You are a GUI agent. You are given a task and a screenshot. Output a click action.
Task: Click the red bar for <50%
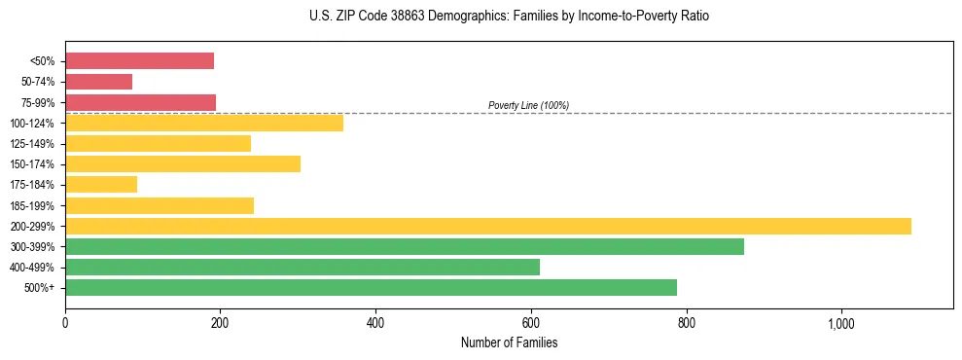pos(139,61)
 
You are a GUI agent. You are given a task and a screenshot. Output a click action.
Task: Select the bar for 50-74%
pos(98,82)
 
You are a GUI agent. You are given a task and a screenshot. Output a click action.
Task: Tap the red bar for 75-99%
pos(140,102)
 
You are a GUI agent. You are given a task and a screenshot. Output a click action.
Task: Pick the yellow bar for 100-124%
pos(204,123)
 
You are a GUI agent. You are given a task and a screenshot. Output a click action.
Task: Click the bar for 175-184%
pos(101,184)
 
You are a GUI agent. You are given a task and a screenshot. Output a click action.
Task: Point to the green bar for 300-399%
pos(405,246)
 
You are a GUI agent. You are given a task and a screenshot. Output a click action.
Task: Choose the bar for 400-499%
pos(303,267)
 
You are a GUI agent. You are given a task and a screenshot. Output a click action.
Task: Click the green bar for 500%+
pos(371,287)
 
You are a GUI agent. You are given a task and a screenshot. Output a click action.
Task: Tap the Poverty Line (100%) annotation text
pos(528,105)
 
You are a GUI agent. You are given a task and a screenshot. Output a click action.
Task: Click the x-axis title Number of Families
pos(509,342)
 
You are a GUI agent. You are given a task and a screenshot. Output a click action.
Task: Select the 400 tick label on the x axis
pos(375,323)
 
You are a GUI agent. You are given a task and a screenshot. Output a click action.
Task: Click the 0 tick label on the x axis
pos(65,323)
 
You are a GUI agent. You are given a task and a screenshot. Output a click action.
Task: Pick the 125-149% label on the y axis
pos(32,144)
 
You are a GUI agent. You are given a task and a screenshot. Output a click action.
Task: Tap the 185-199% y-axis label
pos(32,205)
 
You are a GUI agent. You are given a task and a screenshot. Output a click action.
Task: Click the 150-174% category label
pos(32,164)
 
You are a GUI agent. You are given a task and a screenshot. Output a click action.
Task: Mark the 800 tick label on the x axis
pos(687,323)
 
